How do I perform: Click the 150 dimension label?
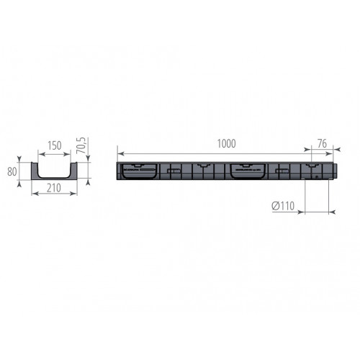pyautogui.click(x=53, y=145)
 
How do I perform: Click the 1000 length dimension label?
pyautogui.click(x=226, y=143)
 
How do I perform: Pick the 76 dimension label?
pyautogui.click(x=321, y=143)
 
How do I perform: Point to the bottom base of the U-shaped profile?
pyautogui.click(x=53, y=179)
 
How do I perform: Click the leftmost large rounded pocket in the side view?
pyautogui.click(x=139, y=171)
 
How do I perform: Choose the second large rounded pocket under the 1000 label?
pyautogui.click(x=248, y=171)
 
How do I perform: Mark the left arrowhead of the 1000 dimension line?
pyautogui.click(x=120, y=153)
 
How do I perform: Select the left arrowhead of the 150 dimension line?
pyautogui.click(x=38, y=153)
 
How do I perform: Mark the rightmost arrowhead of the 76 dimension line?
pyautogui.click(x=329, y=153)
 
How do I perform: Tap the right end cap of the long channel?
pyautogui.click(x=328, y=171)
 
